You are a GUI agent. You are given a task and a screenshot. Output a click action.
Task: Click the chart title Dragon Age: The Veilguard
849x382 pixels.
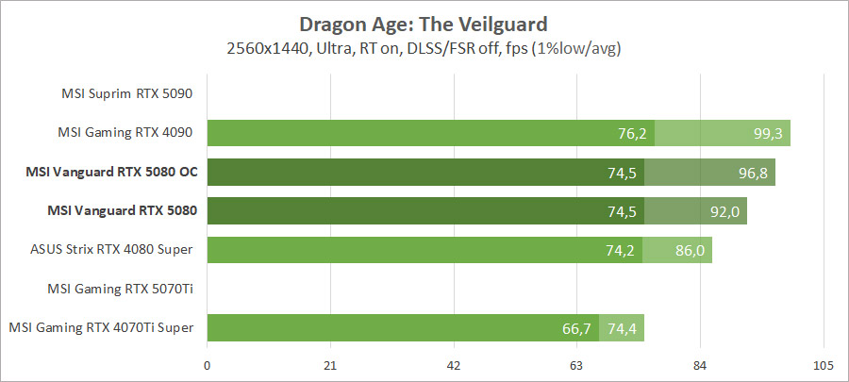point(424,23)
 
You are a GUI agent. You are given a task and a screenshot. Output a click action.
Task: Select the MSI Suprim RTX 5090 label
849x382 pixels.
point(126,93)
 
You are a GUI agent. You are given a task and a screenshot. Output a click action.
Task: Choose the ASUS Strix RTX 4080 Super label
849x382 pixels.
point(111,250)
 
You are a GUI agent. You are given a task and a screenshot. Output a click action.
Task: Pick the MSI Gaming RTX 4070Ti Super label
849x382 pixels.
point(102,327)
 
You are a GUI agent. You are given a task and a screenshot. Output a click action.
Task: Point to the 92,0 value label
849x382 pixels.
point(725,211)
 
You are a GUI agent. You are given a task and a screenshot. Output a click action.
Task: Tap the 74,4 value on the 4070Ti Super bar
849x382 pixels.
point(623,328)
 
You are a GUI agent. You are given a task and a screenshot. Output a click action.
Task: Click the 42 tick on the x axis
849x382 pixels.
point(454,366)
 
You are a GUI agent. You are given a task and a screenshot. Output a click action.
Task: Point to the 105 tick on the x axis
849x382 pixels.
point(823,366)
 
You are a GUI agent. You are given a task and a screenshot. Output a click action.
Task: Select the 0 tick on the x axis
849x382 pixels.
point(208,366)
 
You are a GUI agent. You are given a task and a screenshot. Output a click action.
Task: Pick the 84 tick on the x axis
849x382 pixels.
point(700,366)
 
